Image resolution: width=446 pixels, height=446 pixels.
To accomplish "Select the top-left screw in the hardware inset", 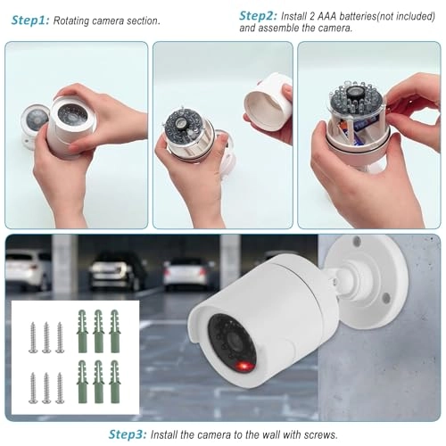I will point(33,336).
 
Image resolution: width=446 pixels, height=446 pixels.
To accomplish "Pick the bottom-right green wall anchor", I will point(114,382).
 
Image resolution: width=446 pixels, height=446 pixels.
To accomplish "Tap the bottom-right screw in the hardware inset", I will point(60,387).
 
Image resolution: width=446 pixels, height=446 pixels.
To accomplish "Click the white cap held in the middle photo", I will point(267,100).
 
